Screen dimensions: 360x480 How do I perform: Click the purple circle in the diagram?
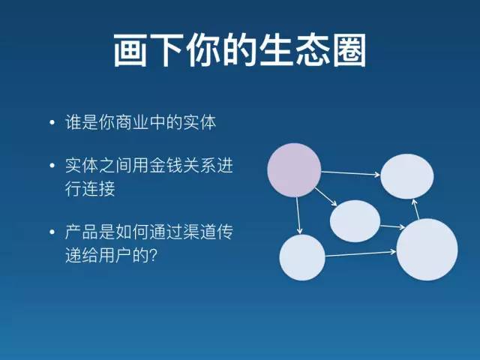pos(295,169)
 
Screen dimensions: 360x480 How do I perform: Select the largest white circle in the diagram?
pos(427,250)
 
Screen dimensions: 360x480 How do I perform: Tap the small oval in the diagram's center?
pos(355,221)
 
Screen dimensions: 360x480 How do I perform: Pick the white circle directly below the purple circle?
pos(302,257)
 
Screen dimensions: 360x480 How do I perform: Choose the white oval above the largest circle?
pos(407,177)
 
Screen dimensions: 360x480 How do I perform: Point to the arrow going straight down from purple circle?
pos(298,214)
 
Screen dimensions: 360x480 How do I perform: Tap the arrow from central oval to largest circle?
pos(391,226)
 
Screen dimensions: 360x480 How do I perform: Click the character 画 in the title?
pos(129,51)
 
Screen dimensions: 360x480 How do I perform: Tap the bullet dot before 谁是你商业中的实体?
pos(51,123)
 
